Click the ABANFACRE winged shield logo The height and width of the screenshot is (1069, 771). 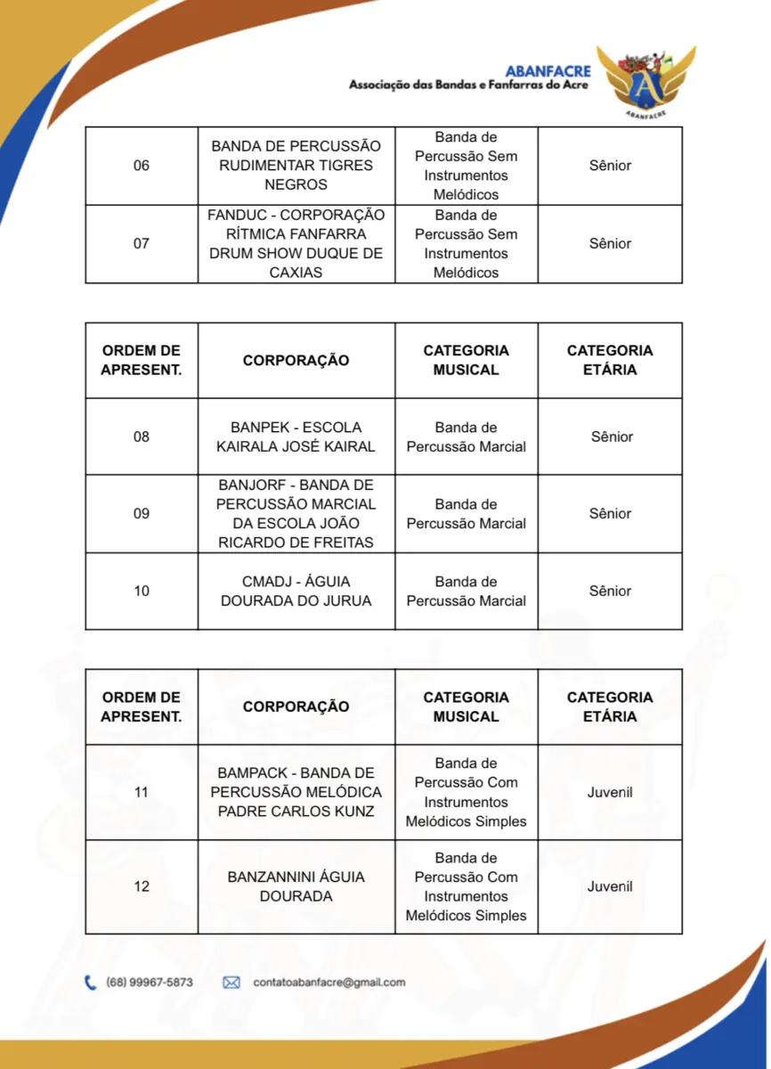pyautogui.click(x=646, y=83)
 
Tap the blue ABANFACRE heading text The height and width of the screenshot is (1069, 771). pyautogui.click(x=548, y=71)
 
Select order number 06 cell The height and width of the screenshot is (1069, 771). pyautogui.click(x=142, y=166)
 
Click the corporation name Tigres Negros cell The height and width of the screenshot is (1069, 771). pyautogui.click(x=296, y=166)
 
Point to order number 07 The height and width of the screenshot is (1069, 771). pyautogui.click(x=142, y=243)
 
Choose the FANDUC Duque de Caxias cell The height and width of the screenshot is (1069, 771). pyautogui.click(x=296, y=243)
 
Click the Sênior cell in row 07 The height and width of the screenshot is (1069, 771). pyautogui.click(x=610, y=243)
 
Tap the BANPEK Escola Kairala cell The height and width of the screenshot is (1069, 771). pyautogui.click(x=296, y=437)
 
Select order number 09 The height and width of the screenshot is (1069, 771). pyautogui.click(x=142, y=513)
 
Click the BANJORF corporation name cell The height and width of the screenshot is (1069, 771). pyautogui.click(x=296, y=513)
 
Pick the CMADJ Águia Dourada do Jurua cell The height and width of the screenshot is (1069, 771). pyautogui.click(x=296, y=591)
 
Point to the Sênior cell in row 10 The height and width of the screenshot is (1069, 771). pyautogui.click(x=610, y=591)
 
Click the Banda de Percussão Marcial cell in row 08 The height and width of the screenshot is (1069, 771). pyautogui.click(x=466, y=437)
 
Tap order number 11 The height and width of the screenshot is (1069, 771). pyautogui.click(x=142, y=792)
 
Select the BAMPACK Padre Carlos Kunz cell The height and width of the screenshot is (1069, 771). pyautogui.click(x=296, y=792)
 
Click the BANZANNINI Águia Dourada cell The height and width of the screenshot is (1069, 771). pyautogui.click(x=296, y=886)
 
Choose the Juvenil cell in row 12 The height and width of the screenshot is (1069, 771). pyautogui.click(x=610, y=886)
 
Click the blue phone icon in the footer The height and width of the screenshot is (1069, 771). pyautogui.click(x=91, y=983)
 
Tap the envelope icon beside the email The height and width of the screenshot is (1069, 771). pyautogui.click(x=231, y=983)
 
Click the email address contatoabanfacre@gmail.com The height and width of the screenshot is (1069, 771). pyautogui.click(x=329, y=983)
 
